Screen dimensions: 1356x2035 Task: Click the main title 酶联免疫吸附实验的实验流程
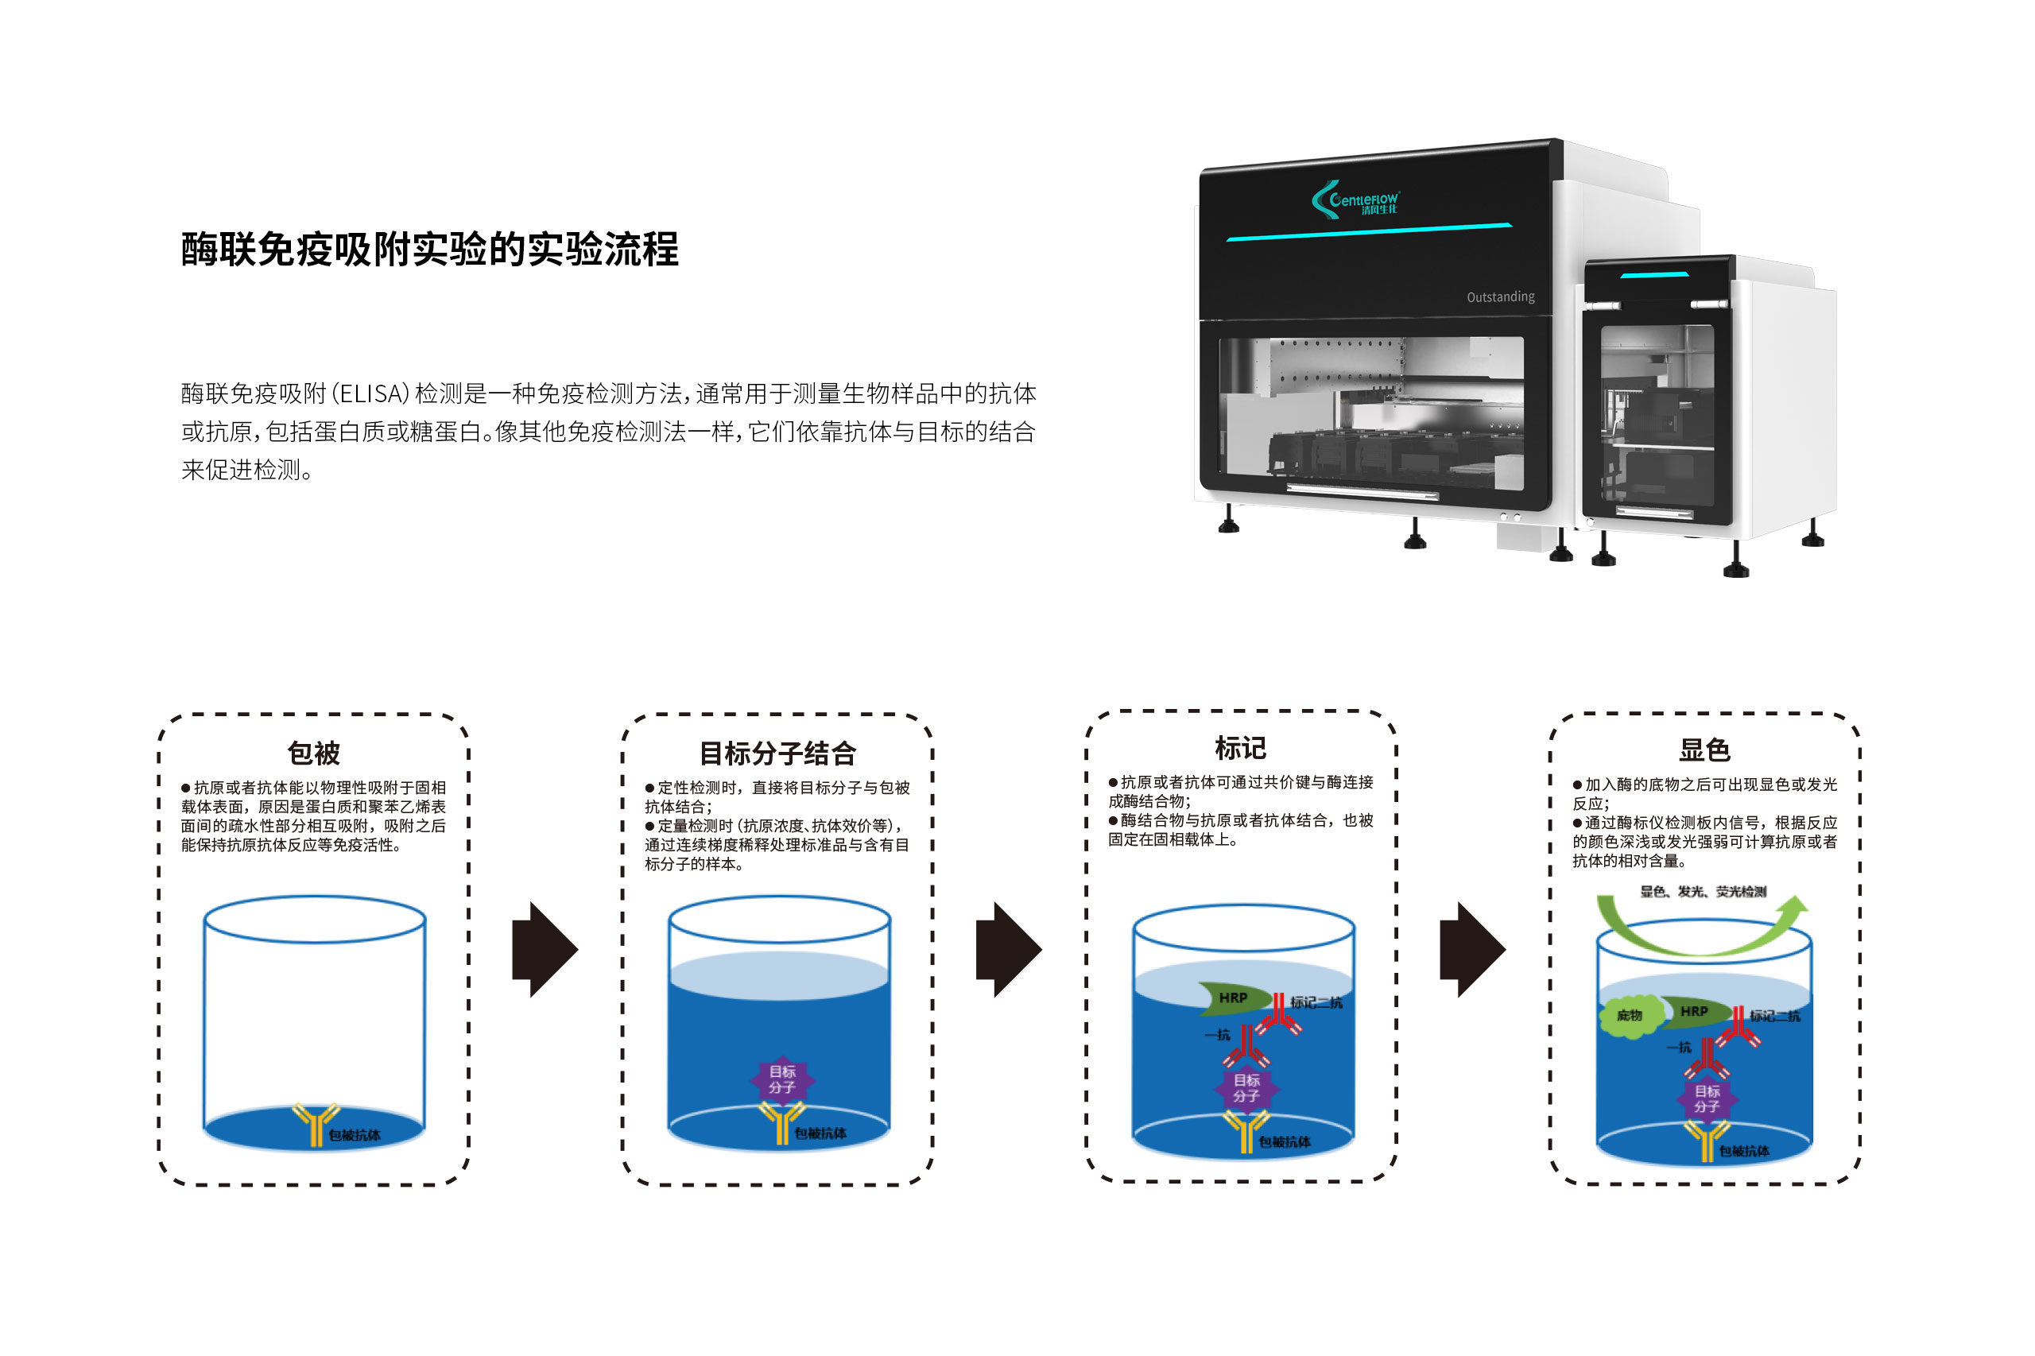pos(429,249)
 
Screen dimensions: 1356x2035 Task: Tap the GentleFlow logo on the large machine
pos(1355,200)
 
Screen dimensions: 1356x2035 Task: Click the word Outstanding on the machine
pos(1500,296)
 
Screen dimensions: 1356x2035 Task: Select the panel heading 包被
pos(313,753)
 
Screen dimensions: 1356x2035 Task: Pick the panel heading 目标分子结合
pos(777,753)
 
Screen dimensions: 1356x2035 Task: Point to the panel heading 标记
pos(1240,747)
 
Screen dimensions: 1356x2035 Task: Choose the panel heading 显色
pos(1704,749)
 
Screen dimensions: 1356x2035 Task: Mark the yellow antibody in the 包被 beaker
pos(315,1122)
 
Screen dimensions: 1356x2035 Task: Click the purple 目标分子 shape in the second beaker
pos(781,1079)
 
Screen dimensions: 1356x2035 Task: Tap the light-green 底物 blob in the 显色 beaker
pos(1629,1015)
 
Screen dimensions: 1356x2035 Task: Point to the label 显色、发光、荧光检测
pos(1702,892)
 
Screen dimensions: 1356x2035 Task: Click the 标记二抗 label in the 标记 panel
pos(1316,1002)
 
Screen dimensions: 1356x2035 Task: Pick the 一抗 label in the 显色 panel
pos(1679,1048)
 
